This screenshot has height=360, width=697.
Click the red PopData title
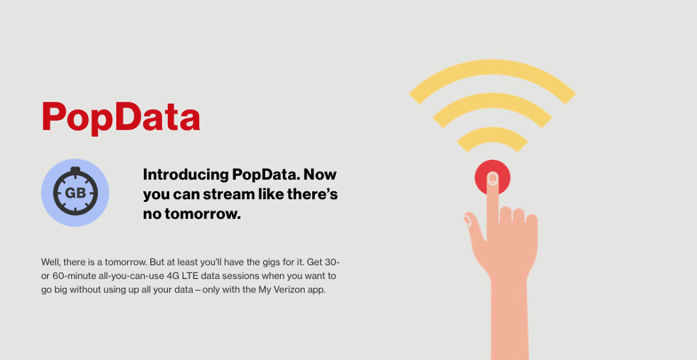point(120,117)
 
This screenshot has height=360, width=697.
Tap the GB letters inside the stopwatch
point(75,193)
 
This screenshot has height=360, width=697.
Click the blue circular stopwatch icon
point(75,192)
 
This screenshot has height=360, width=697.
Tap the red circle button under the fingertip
point(492,175)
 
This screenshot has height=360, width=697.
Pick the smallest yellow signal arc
point(492,134)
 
